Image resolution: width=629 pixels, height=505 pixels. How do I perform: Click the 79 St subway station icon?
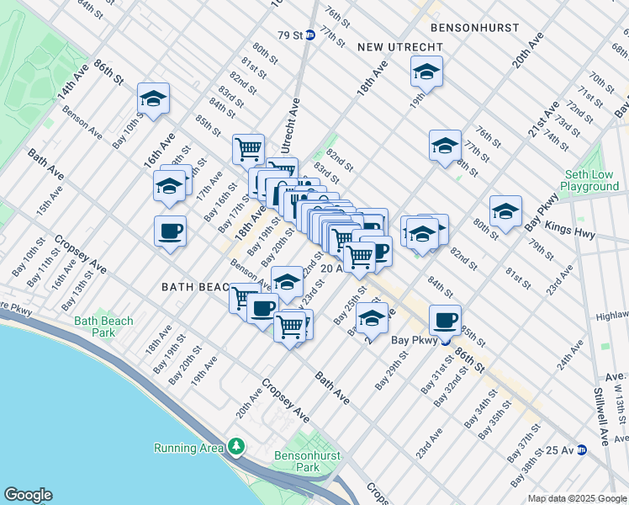click(309, 35)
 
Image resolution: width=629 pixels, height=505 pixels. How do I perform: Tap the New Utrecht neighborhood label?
click(394, 47)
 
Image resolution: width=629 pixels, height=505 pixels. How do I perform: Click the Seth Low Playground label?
click(589, 180)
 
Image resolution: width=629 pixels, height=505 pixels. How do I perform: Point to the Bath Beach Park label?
click(103, 327)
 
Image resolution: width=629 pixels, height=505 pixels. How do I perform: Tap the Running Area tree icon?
click(238, 445)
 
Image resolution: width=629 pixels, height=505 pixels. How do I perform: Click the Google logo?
click(28, 495)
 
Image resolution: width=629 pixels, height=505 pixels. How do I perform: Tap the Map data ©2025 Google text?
click(577, 498)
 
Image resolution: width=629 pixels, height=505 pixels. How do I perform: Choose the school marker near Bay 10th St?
click(154, 99)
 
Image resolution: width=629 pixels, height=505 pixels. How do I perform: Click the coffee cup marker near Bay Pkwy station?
click(445, 320)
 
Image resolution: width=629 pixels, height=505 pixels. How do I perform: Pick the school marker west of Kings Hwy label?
click(506, 212)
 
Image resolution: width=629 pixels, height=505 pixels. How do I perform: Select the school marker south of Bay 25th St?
click(371, 318)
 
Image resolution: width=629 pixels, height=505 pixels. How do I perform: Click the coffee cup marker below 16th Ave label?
click(171, 231)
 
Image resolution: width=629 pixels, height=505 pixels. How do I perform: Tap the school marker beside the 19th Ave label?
click(427, 72)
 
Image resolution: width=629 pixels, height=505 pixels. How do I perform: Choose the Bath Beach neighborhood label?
click(195, 287)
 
